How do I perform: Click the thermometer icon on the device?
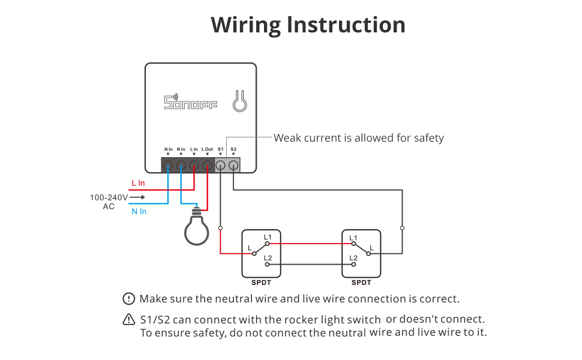(239, 101)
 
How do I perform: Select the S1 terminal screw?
(221, 165)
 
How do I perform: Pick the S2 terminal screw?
(233, 165)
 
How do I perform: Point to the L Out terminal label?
(207, 149)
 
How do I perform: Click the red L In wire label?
(138, 183)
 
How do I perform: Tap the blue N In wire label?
(139, 211)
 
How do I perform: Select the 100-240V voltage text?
(108, 197)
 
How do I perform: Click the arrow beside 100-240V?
(137, 197)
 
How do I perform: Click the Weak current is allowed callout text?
(359, 138)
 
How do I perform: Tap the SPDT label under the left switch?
(260, 283)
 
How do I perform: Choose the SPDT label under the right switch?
(361, 283)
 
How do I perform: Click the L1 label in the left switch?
(268, 237)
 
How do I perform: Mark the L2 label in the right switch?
(353, 258)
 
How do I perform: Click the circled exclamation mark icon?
(129, 299)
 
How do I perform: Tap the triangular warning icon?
(129, 319)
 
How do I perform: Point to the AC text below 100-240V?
(109, 206)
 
